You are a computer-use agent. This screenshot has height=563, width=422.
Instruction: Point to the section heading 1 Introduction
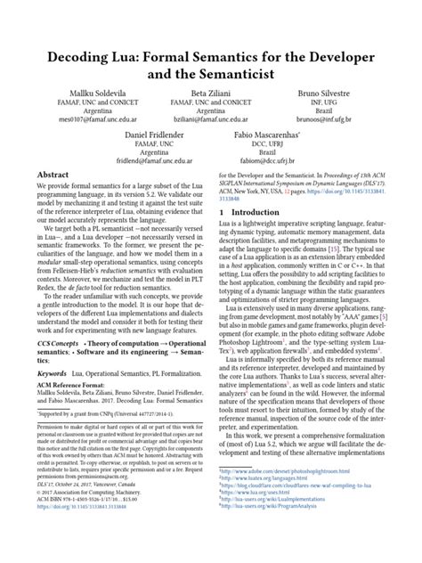pos(252,238)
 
